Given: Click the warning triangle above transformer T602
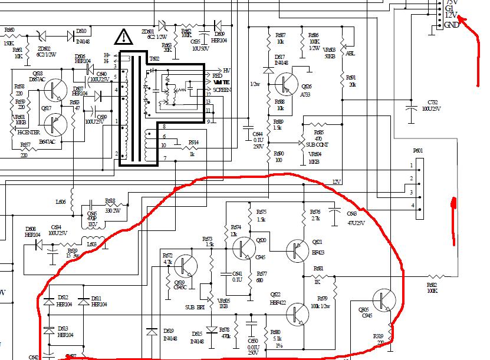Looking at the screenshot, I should [x=124, y=38].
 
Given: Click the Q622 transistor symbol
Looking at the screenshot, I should [x=298, y=314].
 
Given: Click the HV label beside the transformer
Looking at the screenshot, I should [x=226, y=70].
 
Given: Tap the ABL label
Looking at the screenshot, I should [x=350, y=54].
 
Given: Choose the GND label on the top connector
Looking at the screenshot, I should [x=452, y=25].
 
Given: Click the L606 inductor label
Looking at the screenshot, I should [x=61, y=202].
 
